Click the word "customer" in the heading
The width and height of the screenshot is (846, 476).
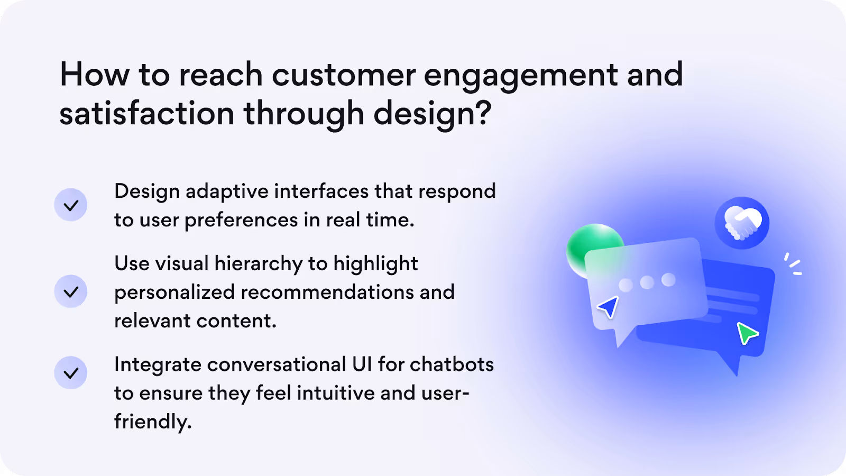344,75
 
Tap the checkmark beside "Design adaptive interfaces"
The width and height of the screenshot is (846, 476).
71,205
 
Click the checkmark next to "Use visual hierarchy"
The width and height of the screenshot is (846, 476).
71,291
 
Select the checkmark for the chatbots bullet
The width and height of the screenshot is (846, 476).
71,373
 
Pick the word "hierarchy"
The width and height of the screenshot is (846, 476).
259,264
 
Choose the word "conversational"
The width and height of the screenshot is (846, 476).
276,364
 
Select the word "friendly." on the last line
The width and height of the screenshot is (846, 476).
153,421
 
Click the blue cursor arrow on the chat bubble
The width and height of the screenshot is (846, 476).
609,307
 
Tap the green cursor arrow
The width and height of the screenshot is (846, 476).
747,333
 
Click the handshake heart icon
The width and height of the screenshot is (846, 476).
742,223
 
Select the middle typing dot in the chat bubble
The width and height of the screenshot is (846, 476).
647,282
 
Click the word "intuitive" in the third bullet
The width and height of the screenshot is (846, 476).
335,393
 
